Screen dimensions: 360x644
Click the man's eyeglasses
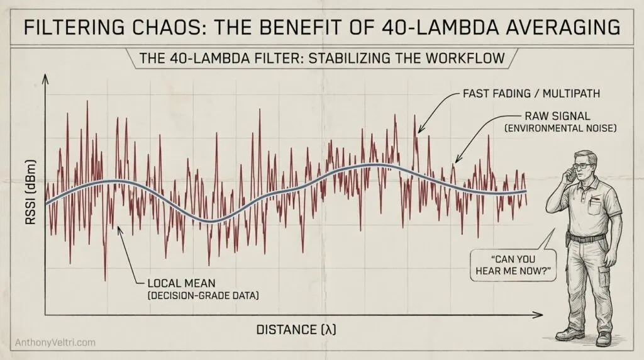tap(582, 166)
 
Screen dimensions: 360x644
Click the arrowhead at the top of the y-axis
tap(44, 78)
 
